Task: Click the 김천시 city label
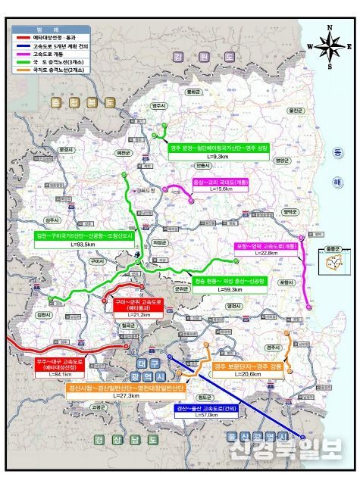[x=43, y=313]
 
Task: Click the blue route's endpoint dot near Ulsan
[x=304, y=438]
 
